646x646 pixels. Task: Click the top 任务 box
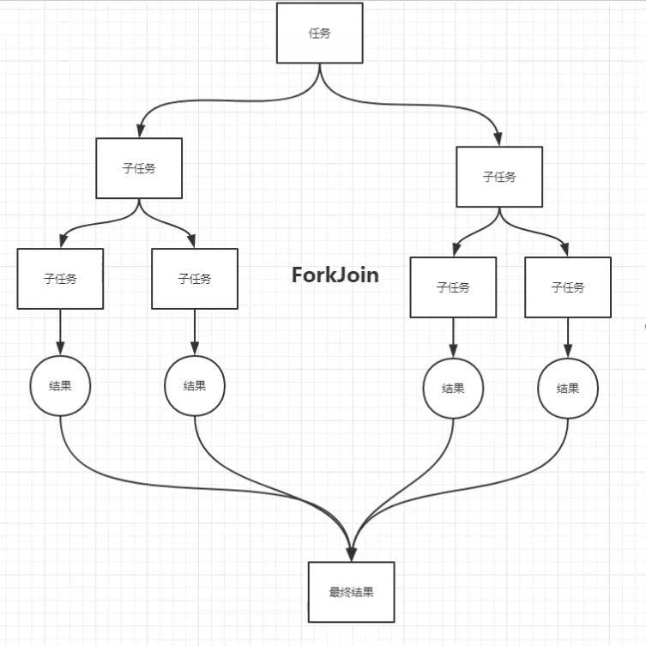(x=319, y=33)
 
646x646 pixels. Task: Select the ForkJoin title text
(x=335, y=275)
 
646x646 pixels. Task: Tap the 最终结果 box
(x=351, y=592)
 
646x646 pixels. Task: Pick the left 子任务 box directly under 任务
(x=139, y=168)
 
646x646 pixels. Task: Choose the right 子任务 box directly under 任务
(x=499, y=177)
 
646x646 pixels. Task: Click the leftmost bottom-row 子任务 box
(x=60, y=279)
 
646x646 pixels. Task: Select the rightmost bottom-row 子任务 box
(x=568, y=287)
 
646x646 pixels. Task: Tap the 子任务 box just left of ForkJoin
(x=195, y=279)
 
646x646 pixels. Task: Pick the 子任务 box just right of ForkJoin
(x=453, y=287)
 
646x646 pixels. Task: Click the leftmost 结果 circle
(x=60, y=385)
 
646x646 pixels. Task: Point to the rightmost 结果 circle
(x=568, y=388)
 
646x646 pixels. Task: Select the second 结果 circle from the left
(x=195, y=385)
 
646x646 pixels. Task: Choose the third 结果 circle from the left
(x=453, y=388)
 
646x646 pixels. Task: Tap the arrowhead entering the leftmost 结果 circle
(x=60, y=348)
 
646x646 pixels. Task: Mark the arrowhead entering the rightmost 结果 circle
(x=568, y=351)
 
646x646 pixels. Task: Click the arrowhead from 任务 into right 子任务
(x=499, y=140)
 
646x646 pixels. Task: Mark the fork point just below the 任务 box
(x=319, y=72)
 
